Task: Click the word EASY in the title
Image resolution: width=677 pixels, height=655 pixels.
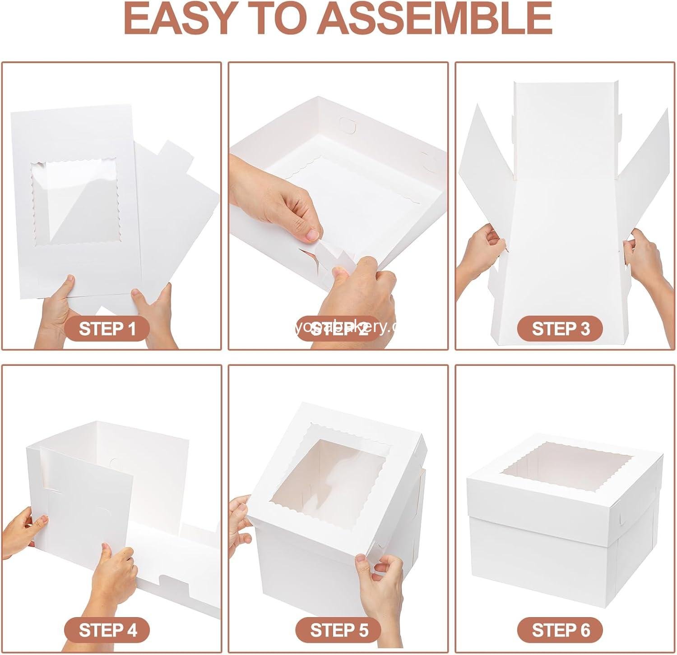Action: [x=181, y=18]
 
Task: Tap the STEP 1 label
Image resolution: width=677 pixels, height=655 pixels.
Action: [x=107, y=328]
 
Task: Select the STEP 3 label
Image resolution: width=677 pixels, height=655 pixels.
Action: [x=561, y=328]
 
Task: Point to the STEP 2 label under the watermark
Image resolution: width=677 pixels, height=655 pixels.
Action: [x=339, y=328]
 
